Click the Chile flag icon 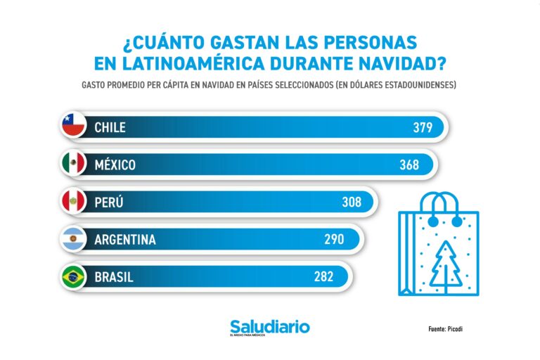73,127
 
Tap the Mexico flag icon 73,165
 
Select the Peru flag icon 73,202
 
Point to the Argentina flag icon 73,240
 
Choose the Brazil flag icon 73,277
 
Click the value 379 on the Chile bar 423,127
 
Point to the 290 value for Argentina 333,240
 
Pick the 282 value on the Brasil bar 323,277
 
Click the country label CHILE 110,127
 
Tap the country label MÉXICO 115,165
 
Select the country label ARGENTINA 124,240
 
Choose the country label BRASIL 113,277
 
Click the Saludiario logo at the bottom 269,328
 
